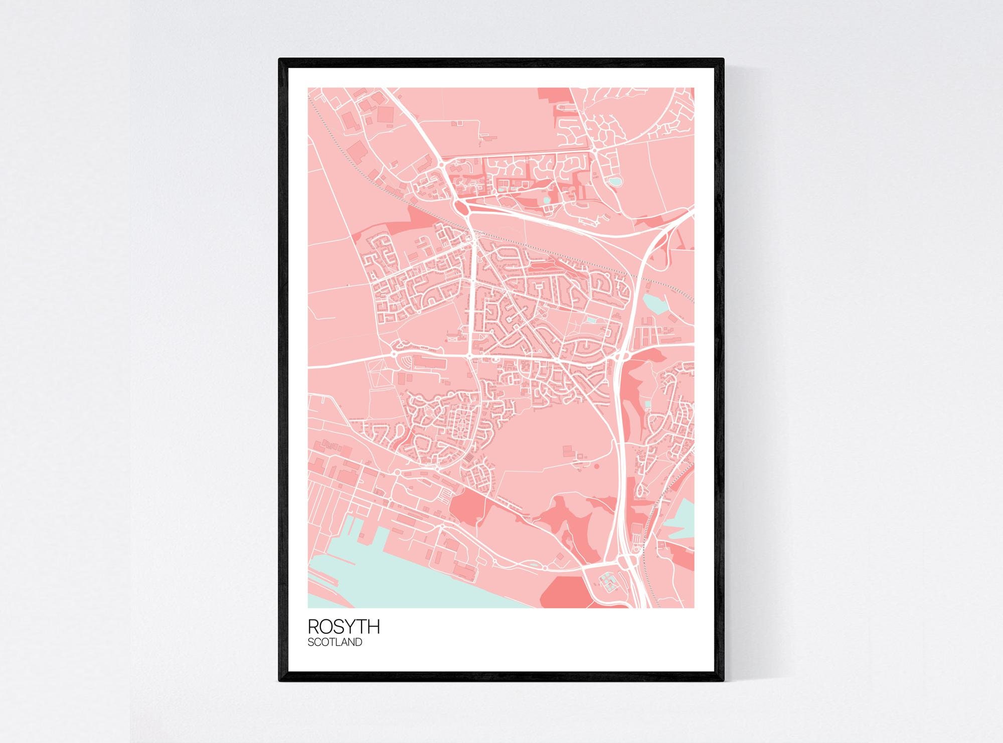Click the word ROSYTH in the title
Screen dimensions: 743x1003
pyautogui.click(x=344, y=627)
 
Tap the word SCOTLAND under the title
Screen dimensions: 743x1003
pyautogui.click(x=335, y=642)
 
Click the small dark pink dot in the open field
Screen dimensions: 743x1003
pyautogui.click(x=597, y=466)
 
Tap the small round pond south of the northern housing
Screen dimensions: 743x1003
pyautogui.click(x=546, y=200)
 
